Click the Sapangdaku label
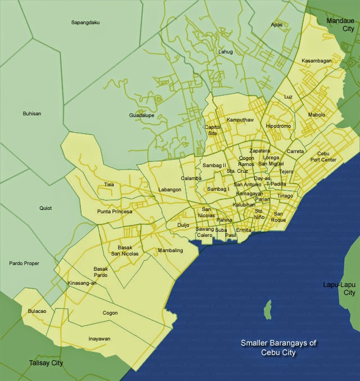[x=85, y=23]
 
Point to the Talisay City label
[x=46, y=364]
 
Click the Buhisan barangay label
[x=31, y=114]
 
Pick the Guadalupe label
[x=142, y=115]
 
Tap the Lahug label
[x=226, y=52]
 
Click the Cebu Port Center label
[x=327, y=156]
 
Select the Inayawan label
[x=100, y=339]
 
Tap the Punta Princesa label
[x=115, y=212]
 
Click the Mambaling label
[x=170, y=250]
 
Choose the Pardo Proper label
[x=24, y=263]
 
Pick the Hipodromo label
[x=278, y=126]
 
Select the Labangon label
[x=170, y=190]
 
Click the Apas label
[x=276, y=25]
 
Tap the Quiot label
[x=46, y=208]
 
